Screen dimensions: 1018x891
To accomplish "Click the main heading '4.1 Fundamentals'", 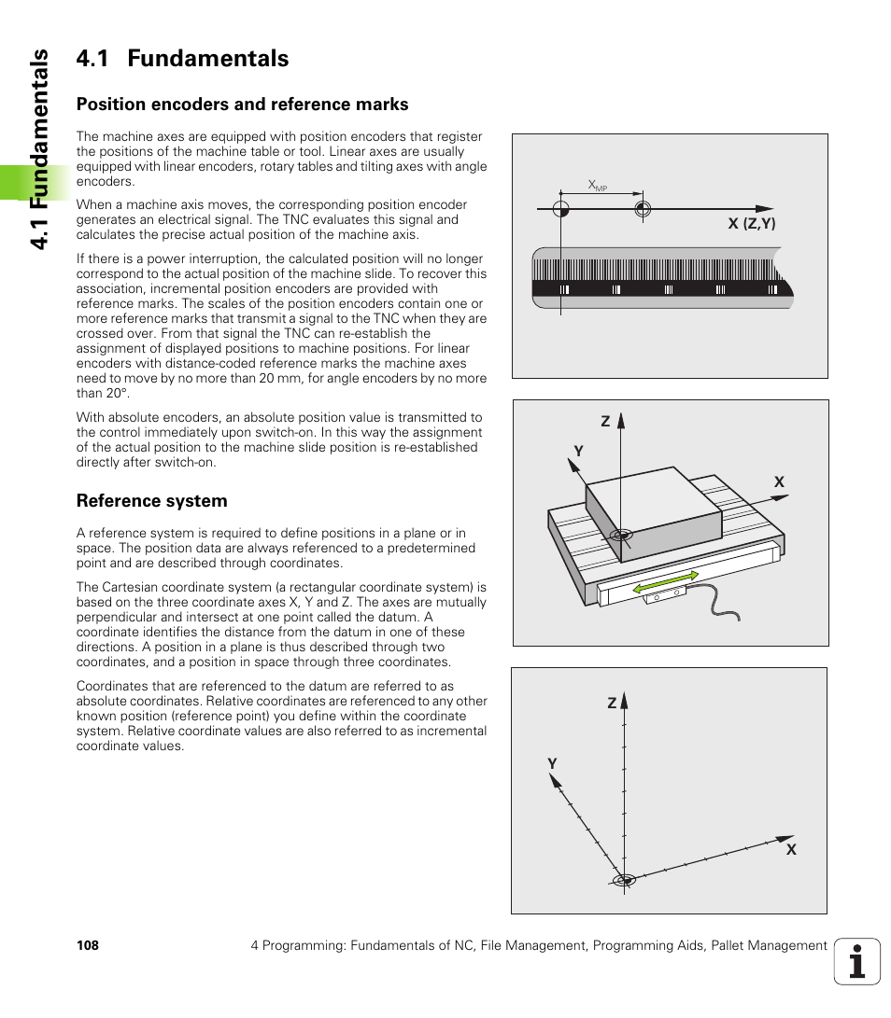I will [182, 59].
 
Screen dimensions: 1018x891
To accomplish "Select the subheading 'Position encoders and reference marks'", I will [242, 104].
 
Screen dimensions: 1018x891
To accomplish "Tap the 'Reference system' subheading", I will [151, 501].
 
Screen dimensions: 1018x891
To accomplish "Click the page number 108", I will [87, 946].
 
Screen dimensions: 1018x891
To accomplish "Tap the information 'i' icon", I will [856, 961].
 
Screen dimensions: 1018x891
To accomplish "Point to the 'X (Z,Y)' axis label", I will [752, 224].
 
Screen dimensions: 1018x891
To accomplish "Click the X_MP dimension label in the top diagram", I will [598, 186].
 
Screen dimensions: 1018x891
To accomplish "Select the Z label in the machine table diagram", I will [605, 423].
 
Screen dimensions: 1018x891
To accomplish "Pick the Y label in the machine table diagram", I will [578, 452].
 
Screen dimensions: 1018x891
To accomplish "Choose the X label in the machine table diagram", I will [779, 482].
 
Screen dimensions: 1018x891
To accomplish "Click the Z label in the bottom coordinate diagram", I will [612, 704].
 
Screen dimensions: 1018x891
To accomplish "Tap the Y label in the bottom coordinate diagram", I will [552, 764].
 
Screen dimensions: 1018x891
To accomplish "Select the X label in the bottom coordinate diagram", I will [790, 850].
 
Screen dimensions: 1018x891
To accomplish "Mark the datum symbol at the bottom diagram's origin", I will [624, 880].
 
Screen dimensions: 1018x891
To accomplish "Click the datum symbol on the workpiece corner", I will [619, 536].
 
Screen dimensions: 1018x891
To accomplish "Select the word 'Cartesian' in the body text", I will [131, 588].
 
